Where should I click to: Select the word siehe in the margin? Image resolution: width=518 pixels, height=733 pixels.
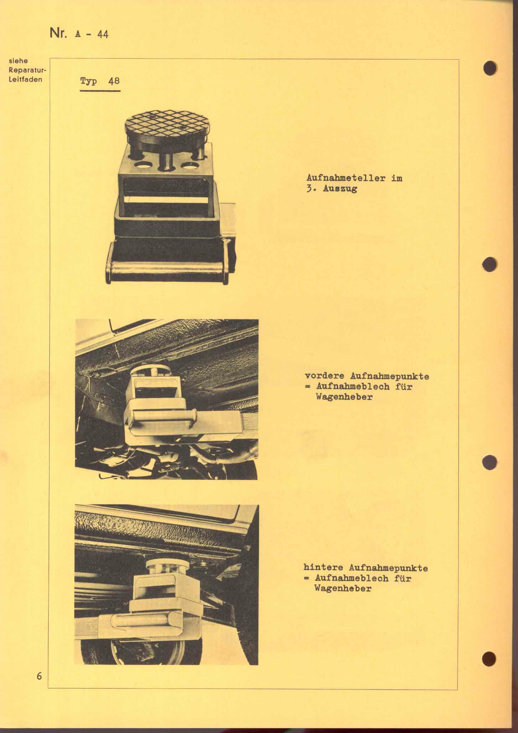click(18, 61)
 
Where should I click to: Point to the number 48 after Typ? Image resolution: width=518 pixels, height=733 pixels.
click(114, 81)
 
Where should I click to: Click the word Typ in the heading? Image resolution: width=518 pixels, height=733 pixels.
click(88, 82)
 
